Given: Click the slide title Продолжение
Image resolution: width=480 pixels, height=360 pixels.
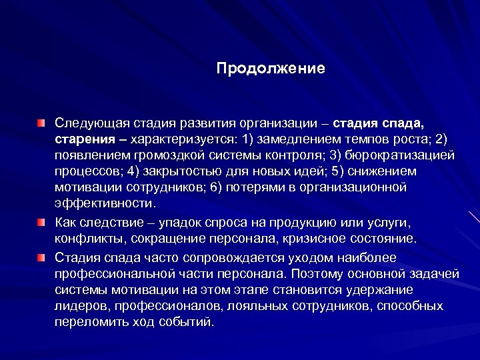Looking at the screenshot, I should (271, 68).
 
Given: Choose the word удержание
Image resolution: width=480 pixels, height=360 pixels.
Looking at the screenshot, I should (379, 290).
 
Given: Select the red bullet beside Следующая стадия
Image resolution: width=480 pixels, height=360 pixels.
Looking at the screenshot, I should (42, 123).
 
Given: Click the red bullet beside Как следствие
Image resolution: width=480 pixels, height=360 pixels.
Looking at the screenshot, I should (42, 221).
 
